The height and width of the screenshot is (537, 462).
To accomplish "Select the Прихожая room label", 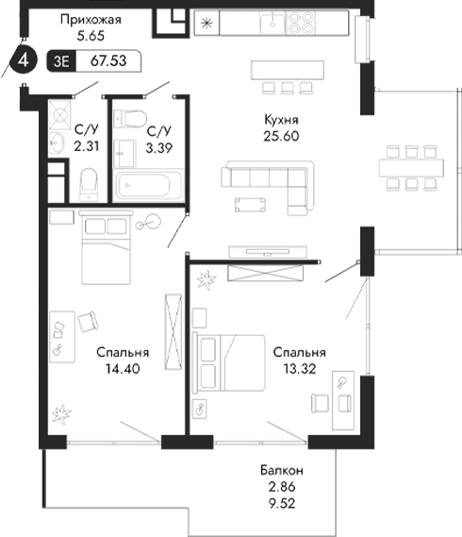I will (x=89, y=19).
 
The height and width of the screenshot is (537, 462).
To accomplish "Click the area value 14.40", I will (x=113, y=369).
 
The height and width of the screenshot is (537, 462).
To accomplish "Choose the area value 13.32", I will (x=292, y=369).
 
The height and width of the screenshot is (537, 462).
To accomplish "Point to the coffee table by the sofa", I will (x=252, y=204).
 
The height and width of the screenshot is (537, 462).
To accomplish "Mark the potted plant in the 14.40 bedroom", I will (x=61, y=412).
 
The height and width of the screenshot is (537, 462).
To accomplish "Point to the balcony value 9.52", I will (x=282, y=503).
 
